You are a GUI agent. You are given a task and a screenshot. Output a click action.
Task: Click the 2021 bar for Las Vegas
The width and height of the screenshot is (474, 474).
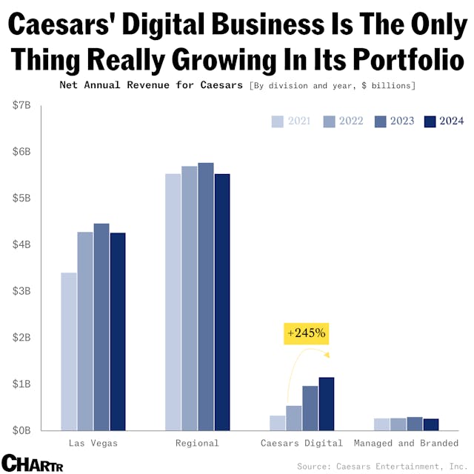(69, 351)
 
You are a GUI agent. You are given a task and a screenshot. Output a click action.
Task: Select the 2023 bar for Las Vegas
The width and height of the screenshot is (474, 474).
(101, 327)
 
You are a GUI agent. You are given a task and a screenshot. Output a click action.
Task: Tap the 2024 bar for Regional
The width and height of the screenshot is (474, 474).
(222, 301)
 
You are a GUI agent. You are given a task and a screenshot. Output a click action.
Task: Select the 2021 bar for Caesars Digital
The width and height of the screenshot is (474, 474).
(278, 423)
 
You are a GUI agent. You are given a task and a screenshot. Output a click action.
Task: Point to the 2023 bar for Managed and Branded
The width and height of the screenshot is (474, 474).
(415, 424)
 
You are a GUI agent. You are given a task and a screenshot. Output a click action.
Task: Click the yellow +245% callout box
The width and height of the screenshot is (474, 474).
(305, 333)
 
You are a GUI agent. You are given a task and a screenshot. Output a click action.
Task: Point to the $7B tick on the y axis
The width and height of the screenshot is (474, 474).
(21, 106)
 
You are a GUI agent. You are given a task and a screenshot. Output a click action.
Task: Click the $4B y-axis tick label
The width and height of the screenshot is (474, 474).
(21, 245)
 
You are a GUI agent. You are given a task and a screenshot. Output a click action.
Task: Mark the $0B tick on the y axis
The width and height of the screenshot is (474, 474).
(21, 430)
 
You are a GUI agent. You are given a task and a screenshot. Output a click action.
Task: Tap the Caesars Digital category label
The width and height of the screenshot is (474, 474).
(302, 443)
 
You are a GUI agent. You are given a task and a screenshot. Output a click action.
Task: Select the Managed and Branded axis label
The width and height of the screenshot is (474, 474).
(407, 443)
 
